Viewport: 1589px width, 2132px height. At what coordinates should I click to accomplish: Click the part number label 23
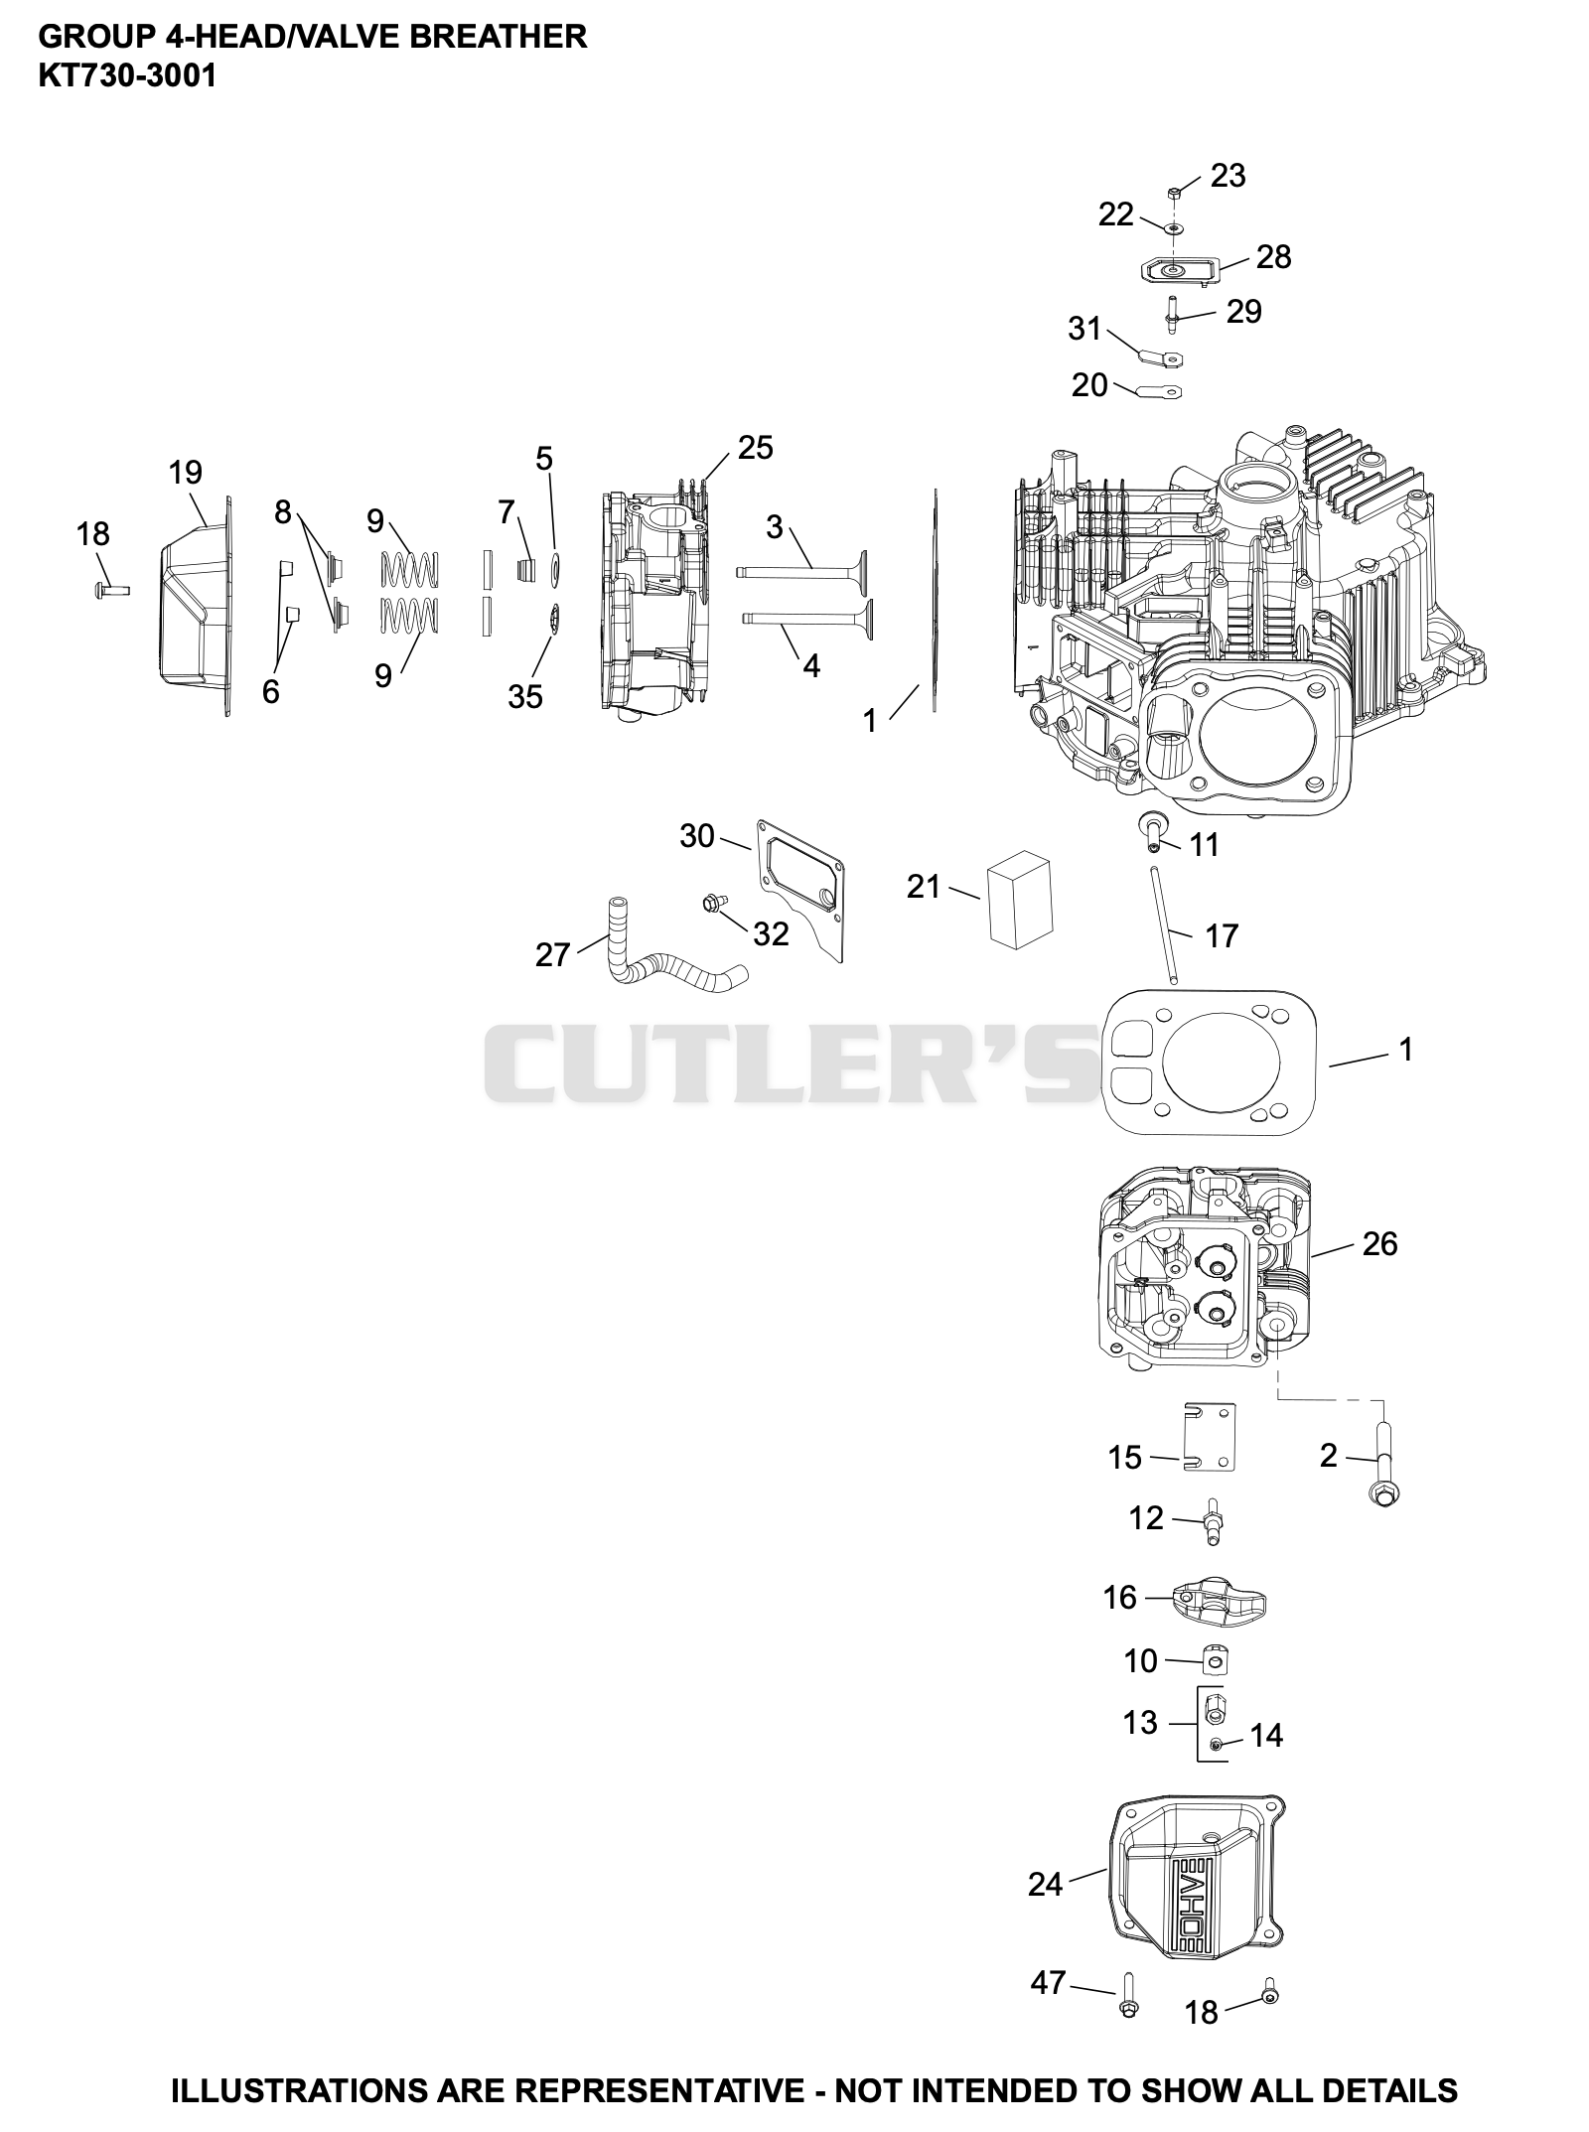1228,176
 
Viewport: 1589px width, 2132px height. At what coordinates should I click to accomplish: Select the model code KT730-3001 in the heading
127,75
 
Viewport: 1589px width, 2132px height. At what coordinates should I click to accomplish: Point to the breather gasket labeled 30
801,891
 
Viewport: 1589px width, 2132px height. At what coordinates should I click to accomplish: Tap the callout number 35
525,697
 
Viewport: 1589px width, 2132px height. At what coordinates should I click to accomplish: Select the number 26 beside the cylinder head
1379,1243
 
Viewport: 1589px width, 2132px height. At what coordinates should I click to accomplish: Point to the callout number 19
186,473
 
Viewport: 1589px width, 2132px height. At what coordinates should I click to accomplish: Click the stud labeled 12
1213,1520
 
